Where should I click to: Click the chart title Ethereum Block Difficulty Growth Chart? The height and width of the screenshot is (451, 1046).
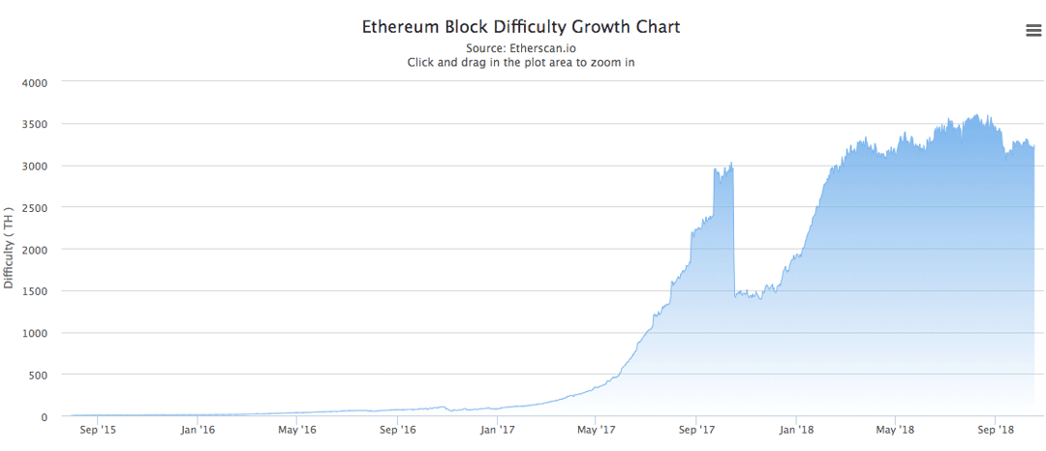(x=521, y=27)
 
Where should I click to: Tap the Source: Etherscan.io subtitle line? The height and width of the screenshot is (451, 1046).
(x=521, y=47)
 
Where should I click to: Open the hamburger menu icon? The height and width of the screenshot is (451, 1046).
(x=1033, y=31)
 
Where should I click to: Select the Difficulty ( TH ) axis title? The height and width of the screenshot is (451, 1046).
(x=10, y=248)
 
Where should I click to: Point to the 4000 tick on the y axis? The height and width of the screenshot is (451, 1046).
(x=35, y=82)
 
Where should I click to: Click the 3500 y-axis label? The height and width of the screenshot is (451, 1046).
(x=35, y=124)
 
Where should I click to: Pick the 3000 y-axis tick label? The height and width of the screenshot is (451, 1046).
(x=35, y=165)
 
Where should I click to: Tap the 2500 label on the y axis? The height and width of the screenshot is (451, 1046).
(x=35, y=207)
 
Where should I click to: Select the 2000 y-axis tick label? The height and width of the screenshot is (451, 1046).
(x=35, y=249)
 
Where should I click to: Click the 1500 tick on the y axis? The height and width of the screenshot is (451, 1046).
(x=35, y=291)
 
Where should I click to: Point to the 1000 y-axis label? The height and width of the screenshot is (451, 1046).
(x=35, y=333)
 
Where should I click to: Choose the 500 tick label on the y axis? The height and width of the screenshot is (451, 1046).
(x=38, y=375)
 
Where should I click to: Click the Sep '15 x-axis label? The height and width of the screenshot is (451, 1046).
(x=98, y=429)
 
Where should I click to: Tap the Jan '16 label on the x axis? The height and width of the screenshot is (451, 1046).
(x=197, y=429)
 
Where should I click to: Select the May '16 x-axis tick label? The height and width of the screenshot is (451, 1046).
(x=296, y=429)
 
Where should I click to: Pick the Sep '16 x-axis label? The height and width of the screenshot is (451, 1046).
(x=397, y=429)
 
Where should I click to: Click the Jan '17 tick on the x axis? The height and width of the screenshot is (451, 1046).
(x=497, y=429)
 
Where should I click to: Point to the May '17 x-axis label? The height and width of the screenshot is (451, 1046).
(x=596, y=429)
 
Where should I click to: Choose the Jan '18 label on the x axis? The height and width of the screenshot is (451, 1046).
(x=796, y=429)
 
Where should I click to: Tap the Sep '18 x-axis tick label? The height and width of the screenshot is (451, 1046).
(x=995, y=429)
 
